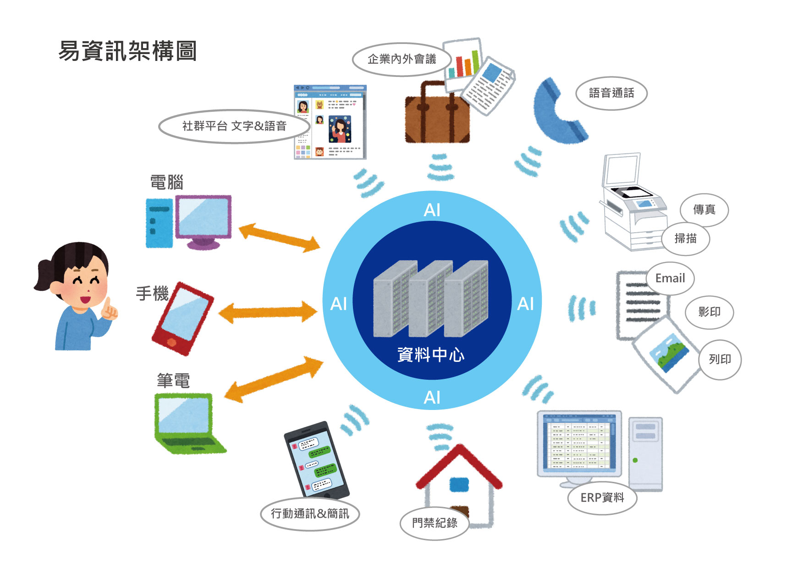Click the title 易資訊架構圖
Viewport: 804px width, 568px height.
128,51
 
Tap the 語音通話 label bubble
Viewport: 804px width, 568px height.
611,93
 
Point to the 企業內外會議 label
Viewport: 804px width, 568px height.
402,59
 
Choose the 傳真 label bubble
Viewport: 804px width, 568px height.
704,210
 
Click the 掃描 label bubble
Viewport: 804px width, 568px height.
685,238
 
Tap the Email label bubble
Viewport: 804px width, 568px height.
670,278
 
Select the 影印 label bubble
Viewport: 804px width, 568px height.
709,312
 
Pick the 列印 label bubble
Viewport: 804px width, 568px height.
720,359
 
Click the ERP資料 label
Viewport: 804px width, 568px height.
602,497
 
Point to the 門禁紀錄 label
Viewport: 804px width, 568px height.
434,523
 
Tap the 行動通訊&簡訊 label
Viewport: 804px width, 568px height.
310,513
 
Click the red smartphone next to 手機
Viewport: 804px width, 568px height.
182,318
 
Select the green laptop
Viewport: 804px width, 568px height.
188,424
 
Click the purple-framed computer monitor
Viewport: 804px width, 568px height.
203,218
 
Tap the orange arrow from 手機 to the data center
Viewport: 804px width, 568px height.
268,312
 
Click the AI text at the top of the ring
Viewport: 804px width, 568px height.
432,210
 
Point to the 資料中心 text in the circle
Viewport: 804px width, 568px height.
431,355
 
